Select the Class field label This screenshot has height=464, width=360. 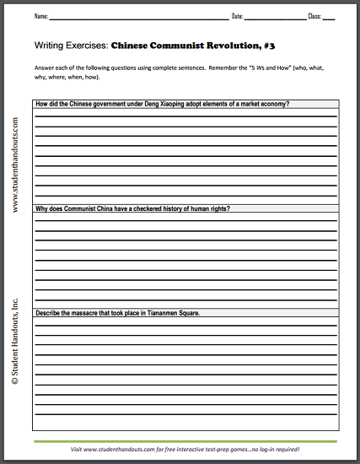tap(315, 17)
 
